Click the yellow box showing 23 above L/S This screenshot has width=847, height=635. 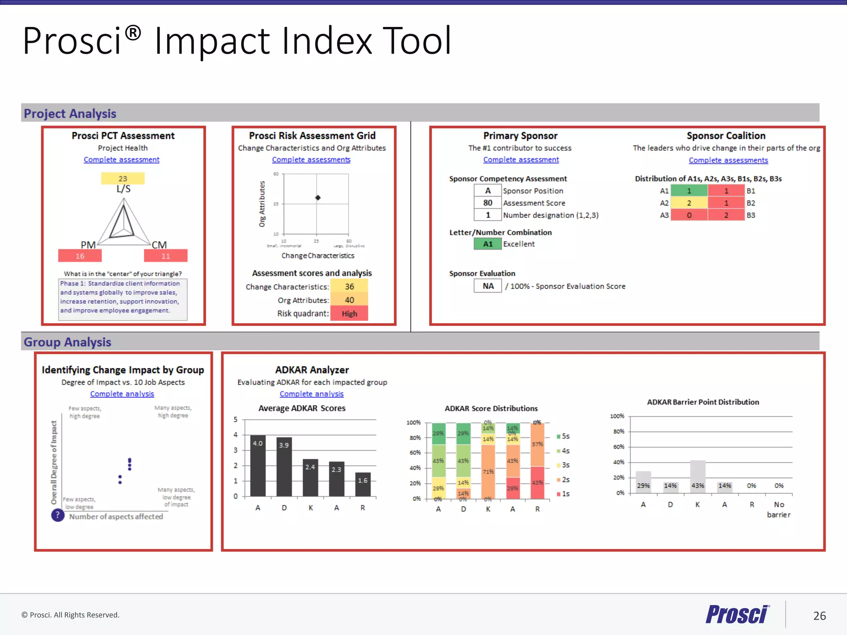click(x=123, y=179)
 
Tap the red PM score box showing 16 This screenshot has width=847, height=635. click(x=80, y=256)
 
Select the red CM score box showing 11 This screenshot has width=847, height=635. click(x=165, y=256)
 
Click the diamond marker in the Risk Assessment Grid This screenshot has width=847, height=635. click(x=318, y=198)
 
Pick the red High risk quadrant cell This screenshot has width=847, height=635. click(x=349, y=313)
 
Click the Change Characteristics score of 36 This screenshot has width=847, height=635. click(x=349, y=286)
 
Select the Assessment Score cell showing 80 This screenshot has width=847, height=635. click(x=488, y=203)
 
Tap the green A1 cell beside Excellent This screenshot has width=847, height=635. click(x=488, y=244)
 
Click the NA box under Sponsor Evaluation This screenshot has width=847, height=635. click(x=488, y=286)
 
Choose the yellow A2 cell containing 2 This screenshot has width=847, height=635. click(x=689, y=203)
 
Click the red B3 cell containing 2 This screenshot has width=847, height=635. click(x=726, y=215)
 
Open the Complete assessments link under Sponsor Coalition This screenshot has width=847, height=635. click(x=728, y=160)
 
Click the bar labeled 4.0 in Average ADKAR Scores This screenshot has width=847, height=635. click(x=258, y=466)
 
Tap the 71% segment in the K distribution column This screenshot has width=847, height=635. click(x=488, y=471)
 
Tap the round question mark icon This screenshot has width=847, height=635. click(x=58, y=515)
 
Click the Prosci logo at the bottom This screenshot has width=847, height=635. click(x=737, y=615)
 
